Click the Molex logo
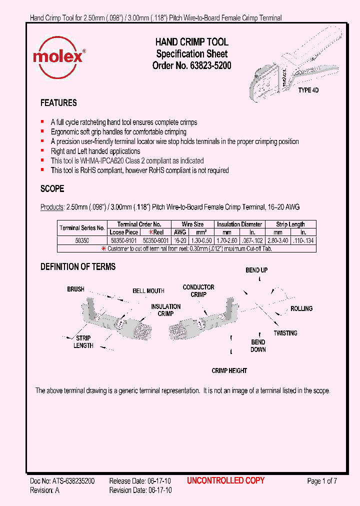point(58,56)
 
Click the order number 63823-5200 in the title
point(210,65)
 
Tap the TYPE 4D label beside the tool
point(308,90)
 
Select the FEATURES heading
point(58,103)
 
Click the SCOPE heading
point(52,189)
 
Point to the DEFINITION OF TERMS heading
point(78,267)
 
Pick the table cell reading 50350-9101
point(124,240)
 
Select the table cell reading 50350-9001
point(155,240)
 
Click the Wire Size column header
point(192,224)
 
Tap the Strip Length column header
point(290,224)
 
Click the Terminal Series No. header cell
point(82,228)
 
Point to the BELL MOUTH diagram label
point(148,291)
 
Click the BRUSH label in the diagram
point(76,289)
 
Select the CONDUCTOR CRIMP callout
point(198,290)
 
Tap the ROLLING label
point(301,309)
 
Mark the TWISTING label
point(285,333)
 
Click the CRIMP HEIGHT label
point(229,370)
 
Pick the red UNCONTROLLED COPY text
point(225,481)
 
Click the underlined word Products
point(51,207)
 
